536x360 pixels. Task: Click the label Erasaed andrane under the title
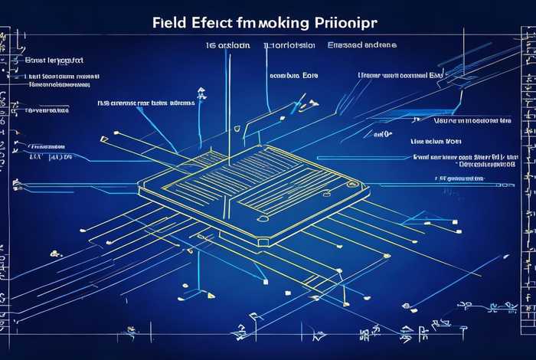[x=362, y=46]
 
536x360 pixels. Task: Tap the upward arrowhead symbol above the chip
[x=201, y=93]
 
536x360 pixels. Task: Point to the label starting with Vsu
[x=472, y=121]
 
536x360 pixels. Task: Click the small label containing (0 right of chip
[x=382, y=133]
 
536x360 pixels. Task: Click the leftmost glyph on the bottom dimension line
[x=122, y=335]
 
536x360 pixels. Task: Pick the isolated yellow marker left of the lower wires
[x=53, y=252]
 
